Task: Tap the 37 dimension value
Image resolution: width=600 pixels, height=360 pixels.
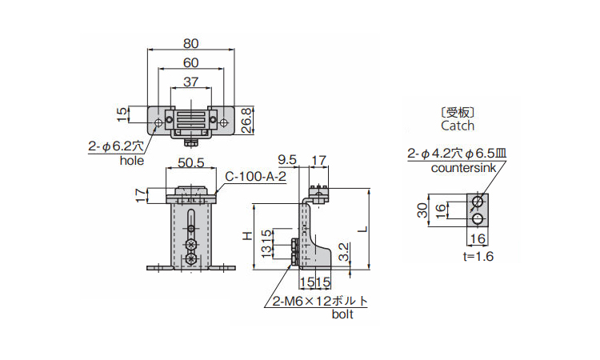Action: (190, 82)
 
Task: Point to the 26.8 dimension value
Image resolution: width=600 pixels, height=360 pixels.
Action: (246, 119)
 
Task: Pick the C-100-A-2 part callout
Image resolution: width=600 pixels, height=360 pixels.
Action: (255, 177)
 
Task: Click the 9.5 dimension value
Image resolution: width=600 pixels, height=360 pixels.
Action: (287, 161)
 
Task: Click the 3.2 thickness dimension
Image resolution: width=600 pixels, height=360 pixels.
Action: (342, 251)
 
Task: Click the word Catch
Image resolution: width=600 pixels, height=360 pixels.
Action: (457, 126)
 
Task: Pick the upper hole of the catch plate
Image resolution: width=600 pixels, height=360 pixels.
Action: (478, 200)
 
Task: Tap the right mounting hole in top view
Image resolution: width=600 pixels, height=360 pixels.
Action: (223, 122)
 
